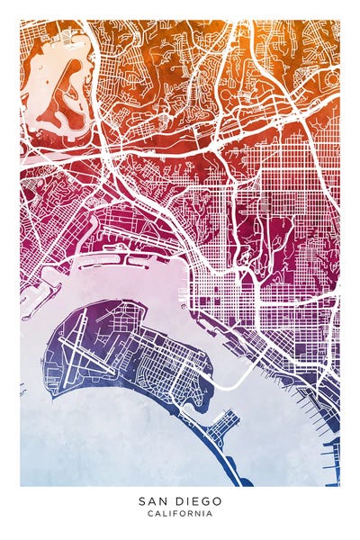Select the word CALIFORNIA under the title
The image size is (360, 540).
180,514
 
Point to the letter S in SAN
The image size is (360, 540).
141,501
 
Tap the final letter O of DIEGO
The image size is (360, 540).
219,501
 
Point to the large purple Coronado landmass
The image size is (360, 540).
135,351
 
